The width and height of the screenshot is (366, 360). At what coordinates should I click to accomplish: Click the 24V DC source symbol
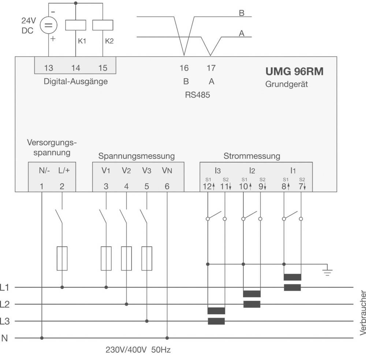(49, 26)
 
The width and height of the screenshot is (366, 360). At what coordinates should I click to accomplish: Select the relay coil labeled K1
(76, 25)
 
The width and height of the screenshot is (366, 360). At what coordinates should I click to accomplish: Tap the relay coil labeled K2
(103, 25)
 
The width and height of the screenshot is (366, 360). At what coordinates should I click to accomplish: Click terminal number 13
(49, 68)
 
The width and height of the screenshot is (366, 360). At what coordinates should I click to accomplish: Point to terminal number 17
(211, 68)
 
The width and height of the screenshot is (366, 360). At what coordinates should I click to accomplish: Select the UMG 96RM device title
(294, 71)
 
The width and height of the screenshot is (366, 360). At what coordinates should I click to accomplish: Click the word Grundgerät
(287, 84)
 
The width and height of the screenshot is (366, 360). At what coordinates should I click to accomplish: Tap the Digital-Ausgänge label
(76, 82)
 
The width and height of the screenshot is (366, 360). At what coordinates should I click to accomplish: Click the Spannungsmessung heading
(137, 156)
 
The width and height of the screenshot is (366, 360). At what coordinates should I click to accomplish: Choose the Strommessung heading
(252, 156)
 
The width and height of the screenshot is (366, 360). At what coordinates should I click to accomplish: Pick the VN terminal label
(167, 170)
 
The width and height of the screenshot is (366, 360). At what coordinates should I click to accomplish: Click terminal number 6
(167, 186)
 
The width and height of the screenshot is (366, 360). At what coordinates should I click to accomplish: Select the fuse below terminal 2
(62, 258)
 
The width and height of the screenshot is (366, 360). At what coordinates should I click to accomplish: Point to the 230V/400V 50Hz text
(138, 349)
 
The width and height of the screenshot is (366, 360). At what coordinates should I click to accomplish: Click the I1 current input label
(293, 170)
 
